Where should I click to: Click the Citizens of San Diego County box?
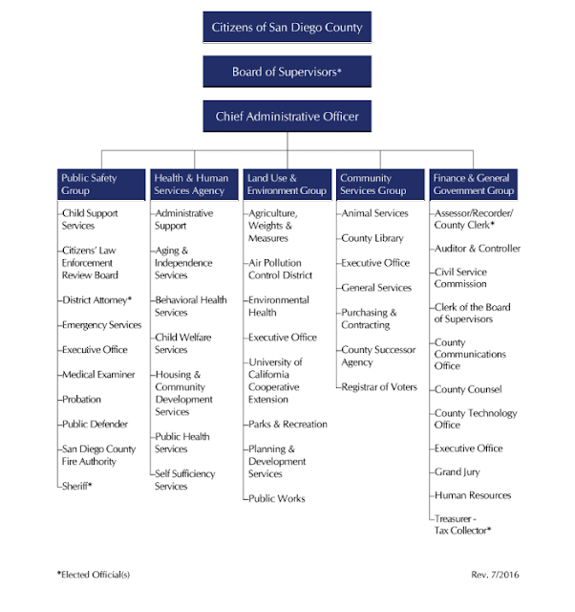click(287, 27)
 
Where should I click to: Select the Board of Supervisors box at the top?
click(287, 72)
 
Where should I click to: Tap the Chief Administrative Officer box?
click(287, 116)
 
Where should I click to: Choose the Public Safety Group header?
click(101, 185)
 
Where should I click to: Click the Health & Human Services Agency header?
click(194, 185)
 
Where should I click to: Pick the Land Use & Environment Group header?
click(287, 185)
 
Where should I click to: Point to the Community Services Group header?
click(380, 185)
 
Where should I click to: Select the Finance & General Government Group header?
click(473, 185)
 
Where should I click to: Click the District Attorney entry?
click(96, 299)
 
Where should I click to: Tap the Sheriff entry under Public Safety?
click(76, 486)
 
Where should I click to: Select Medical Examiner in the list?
click(98, 374)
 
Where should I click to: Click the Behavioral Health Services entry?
click(191, 306)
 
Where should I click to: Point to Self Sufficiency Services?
click(184, 480)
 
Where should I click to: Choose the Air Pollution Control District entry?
click(280, 269)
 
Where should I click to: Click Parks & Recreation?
click(287, 424)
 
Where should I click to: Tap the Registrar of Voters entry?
click(379, 386)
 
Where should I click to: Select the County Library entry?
click(373, 238)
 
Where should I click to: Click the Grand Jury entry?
click(457, 471)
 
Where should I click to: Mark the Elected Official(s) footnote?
click(94, 575)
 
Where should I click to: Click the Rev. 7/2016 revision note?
click(495, 575)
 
